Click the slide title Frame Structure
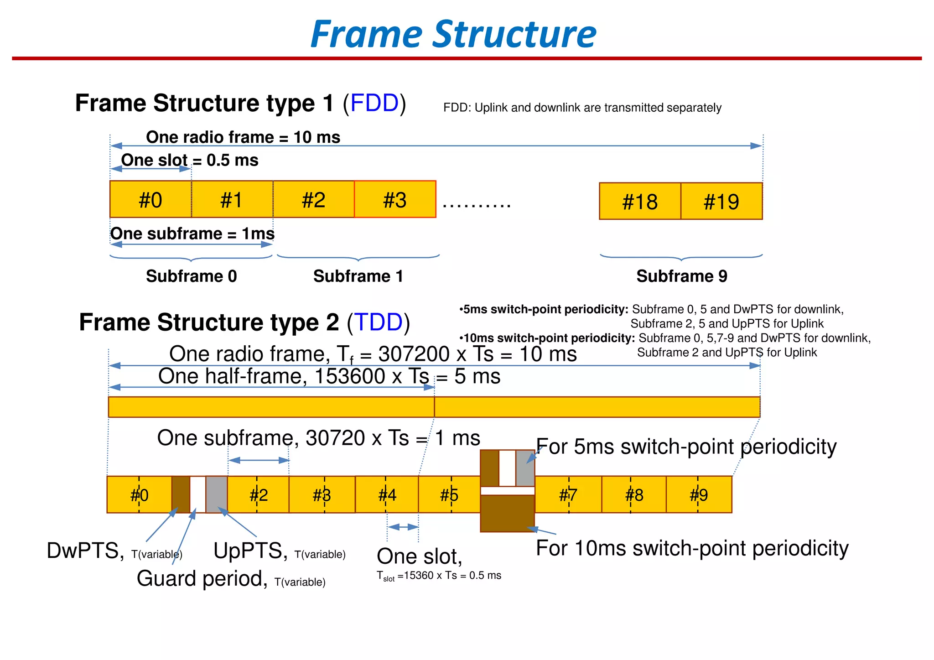pos(453,34)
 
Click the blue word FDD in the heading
pos(374,103)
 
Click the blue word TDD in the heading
pos(379,322)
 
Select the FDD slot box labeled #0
pos(150,199)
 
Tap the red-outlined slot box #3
pos(395,199)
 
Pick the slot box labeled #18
pos(640,201)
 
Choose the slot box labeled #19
pos(721,201)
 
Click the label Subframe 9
pos(681,276)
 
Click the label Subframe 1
pos(358,276)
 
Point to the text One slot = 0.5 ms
pos(190,160)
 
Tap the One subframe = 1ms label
pos(192,234)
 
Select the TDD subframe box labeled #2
pos(258,494)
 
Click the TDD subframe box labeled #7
pos(568,494)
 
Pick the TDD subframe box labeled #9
pos(699,494)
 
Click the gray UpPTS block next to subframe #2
pos(216,494)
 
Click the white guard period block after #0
pos(197,494)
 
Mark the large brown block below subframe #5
pos(507,514)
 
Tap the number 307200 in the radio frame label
pos(414,354)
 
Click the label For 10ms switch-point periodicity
pos(692,548)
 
